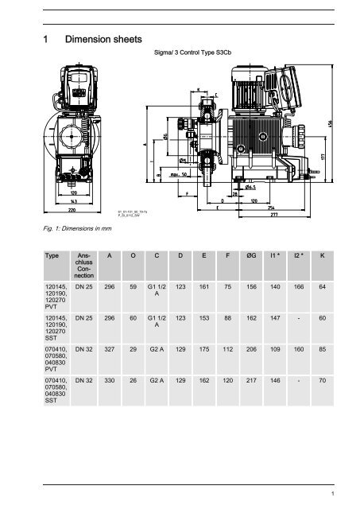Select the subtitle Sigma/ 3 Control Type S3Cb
click(x=195, y=57)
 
